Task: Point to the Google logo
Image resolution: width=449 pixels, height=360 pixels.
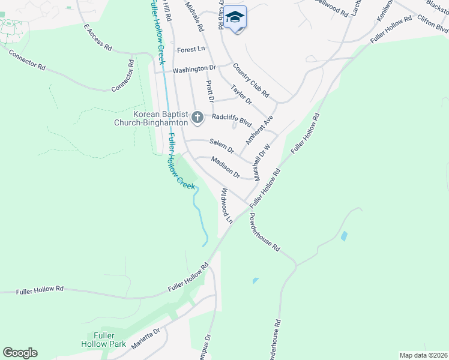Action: pos(20,353)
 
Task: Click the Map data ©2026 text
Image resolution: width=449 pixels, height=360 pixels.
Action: pos(423,355)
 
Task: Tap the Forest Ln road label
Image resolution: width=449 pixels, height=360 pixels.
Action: pos(191,50)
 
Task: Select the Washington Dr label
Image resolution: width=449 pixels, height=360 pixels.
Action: pos(193,70)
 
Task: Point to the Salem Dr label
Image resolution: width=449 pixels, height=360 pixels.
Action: pos(221,145)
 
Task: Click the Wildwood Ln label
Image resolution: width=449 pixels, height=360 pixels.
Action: pos(226,205)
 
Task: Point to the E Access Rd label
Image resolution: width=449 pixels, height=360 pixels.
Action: pos(98,38)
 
